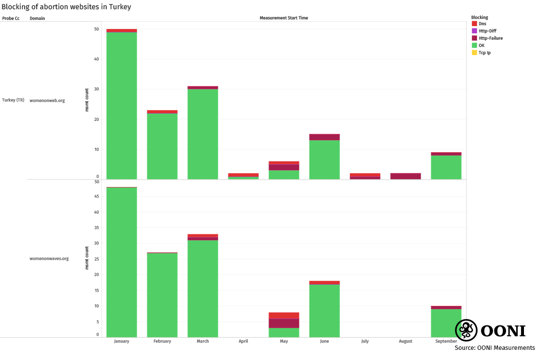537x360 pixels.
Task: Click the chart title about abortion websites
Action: pyautogui.click(x=66, y=7)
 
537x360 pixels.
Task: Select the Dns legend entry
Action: pyautogui.click(x=482, y=24)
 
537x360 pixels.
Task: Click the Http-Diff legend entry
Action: pyautogui.click(x=487, y=31)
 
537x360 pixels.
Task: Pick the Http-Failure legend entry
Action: pyautogui.click(x=490, y=38)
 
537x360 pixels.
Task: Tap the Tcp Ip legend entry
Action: pyautogui.click(x=484, y=53)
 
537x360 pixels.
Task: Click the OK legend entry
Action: pyautogui.click(x=481, y=45)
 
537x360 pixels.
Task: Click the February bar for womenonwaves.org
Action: pyautogui.click(x=162, y=295)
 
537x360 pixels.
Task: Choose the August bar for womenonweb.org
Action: pyautogui.click(x=406, y=176)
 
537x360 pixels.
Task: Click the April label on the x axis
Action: pyautogui.click(x=243, y=341)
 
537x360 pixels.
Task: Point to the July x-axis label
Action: pyautogui.click(x=365, y=341)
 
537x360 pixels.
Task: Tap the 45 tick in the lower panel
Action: pyautogui.click(x=97, y=196)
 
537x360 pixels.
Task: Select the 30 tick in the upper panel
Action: pyautogui.click(x=97, y=89)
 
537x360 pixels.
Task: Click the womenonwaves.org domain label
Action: pyautogui.click(x=49, y=259)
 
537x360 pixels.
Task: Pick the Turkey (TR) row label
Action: pyautogui.click(x=13, y=101)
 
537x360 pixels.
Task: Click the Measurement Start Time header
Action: pyautogui.click(x=283, y=18)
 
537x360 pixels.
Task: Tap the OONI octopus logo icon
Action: pyautogui.click(x=466, y=331)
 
